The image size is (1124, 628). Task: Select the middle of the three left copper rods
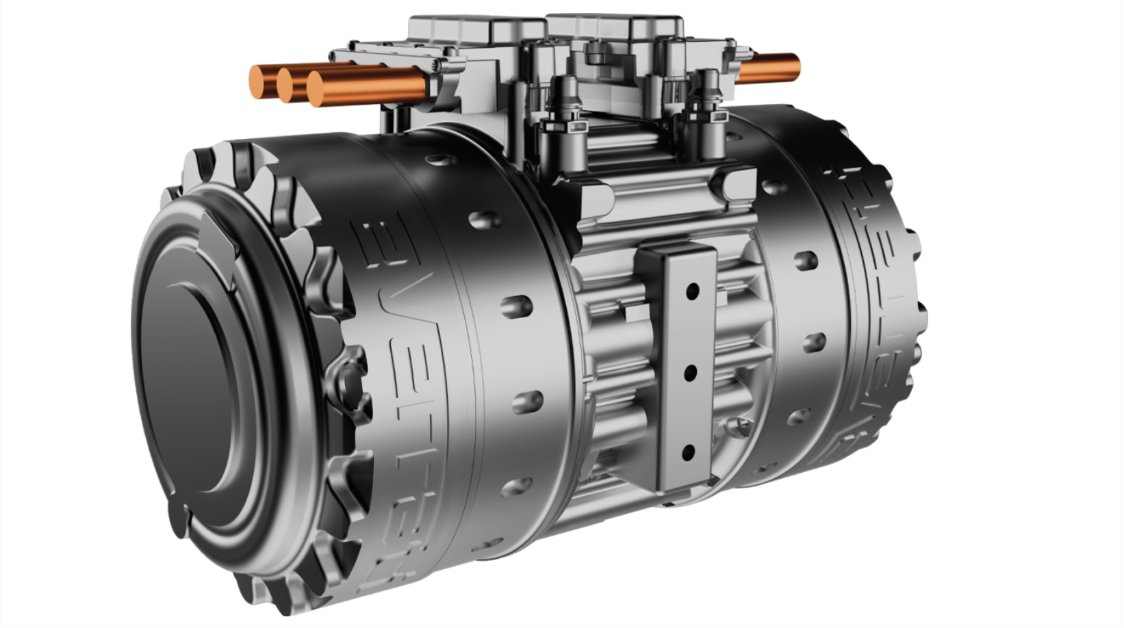(287, 82)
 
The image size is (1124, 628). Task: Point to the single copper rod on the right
(770, 68)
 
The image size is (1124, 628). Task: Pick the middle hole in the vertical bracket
(690, 372)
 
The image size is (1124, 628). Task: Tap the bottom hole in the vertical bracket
(688, 452)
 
